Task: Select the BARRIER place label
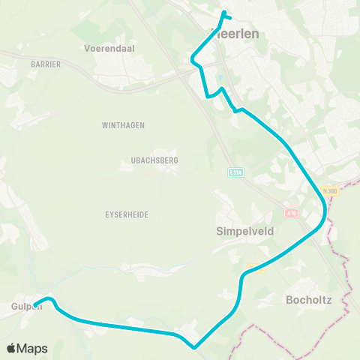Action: [46, 64]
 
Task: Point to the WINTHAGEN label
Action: [123, 125]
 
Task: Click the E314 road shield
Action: [236, 172]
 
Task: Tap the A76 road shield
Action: [292, 212]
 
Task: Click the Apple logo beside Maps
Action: [10, 348]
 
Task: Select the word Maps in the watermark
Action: [32, 348]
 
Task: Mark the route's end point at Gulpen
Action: [35, 304]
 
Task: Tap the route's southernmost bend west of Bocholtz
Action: [194, 346]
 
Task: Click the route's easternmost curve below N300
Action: [324, 217]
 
